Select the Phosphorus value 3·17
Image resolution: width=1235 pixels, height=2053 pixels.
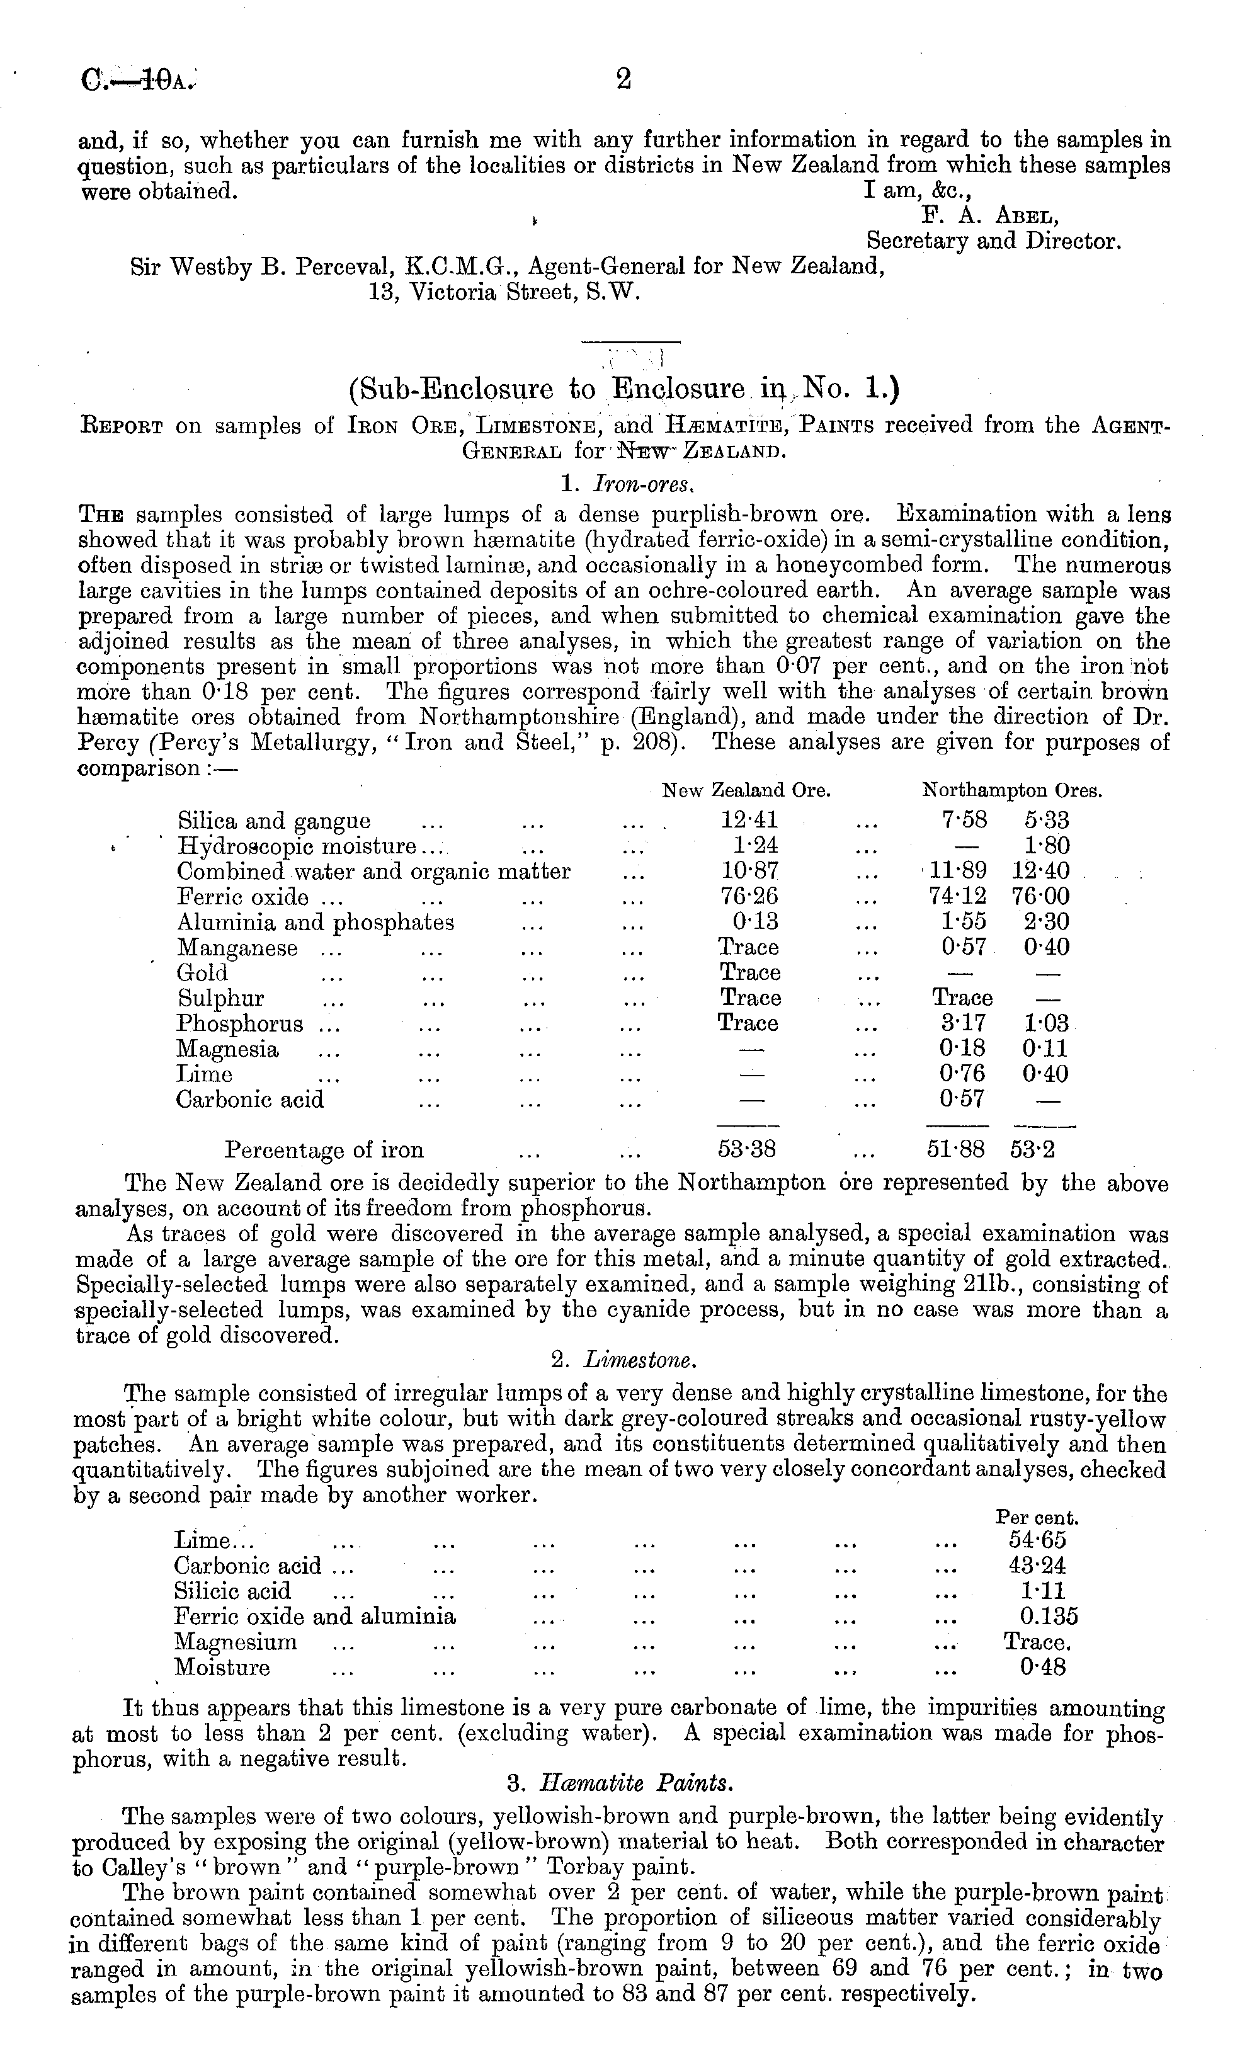[x=963, y=1023]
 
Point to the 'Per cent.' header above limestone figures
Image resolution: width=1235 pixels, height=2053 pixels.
[x=1037, y=1517]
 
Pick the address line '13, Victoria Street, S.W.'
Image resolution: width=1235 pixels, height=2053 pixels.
[x=505, y=293]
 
